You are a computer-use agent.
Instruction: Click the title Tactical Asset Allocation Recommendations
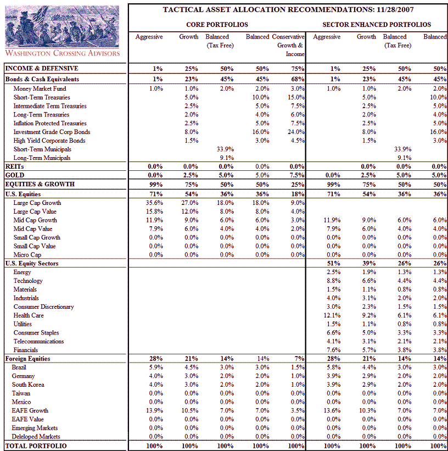coord(288,9)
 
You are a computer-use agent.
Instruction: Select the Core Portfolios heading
coord(217,25)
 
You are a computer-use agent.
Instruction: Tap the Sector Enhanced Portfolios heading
coord(376,25)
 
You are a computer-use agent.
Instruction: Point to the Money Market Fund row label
coord(40,88)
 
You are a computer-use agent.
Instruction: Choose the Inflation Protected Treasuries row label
coord(51,123)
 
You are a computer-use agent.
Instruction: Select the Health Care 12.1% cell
coord(332,315)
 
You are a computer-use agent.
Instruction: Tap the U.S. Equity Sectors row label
coord(31,263)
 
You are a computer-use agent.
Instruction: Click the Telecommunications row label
coord(38,341)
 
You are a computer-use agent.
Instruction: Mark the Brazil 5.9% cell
coord(156,367)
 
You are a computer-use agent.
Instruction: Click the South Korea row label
coord(28,385)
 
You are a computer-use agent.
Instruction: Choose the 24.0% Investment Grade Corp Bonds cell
coord(295,132)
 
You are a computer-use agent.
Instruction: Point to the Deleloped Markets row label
coord(37,437)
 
